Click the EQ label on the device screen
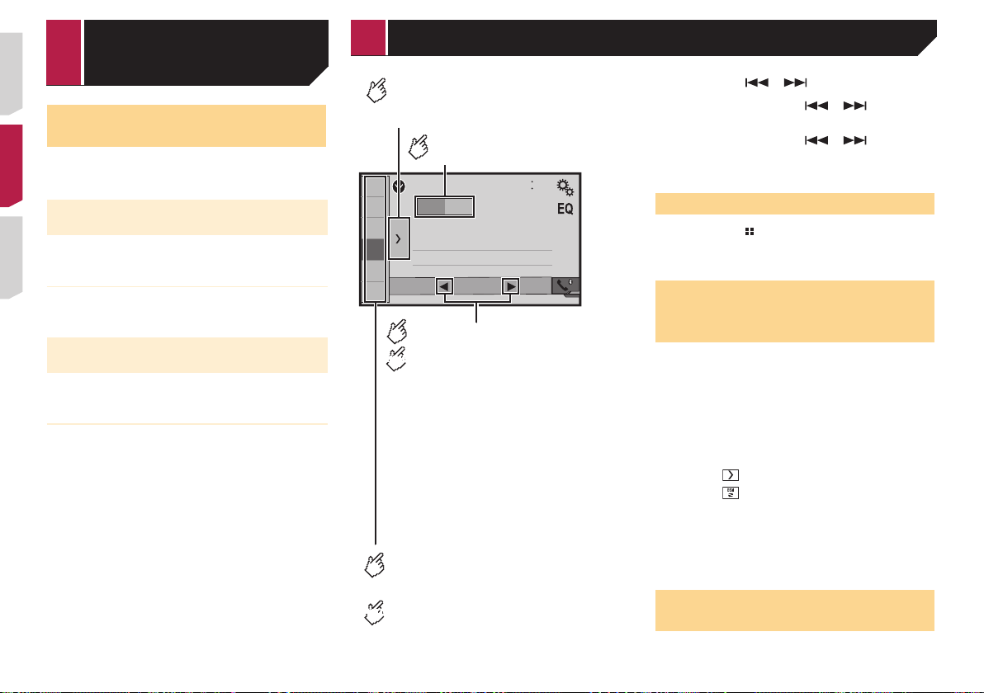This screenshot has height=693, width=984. [565, 209]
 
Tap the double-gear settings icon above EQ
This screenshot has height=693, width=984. [565, 187]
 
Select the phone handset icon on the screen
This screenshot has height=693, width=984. [565, 286]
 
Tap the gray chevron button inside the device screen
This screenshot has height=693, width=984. [399, 238]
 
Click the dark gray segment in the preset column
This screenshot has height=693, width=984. [376, 249]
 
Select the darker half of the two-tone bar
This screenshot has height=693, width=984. [431, 207]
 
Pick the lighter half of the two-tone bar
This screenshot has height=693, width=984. [459, 207]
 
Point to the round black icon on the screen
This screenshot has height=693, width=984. [399, 186]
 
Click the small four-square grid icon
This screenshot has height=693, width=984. [750, 232]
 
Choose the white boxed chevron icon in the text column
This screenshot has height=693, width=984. [731, 474]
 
